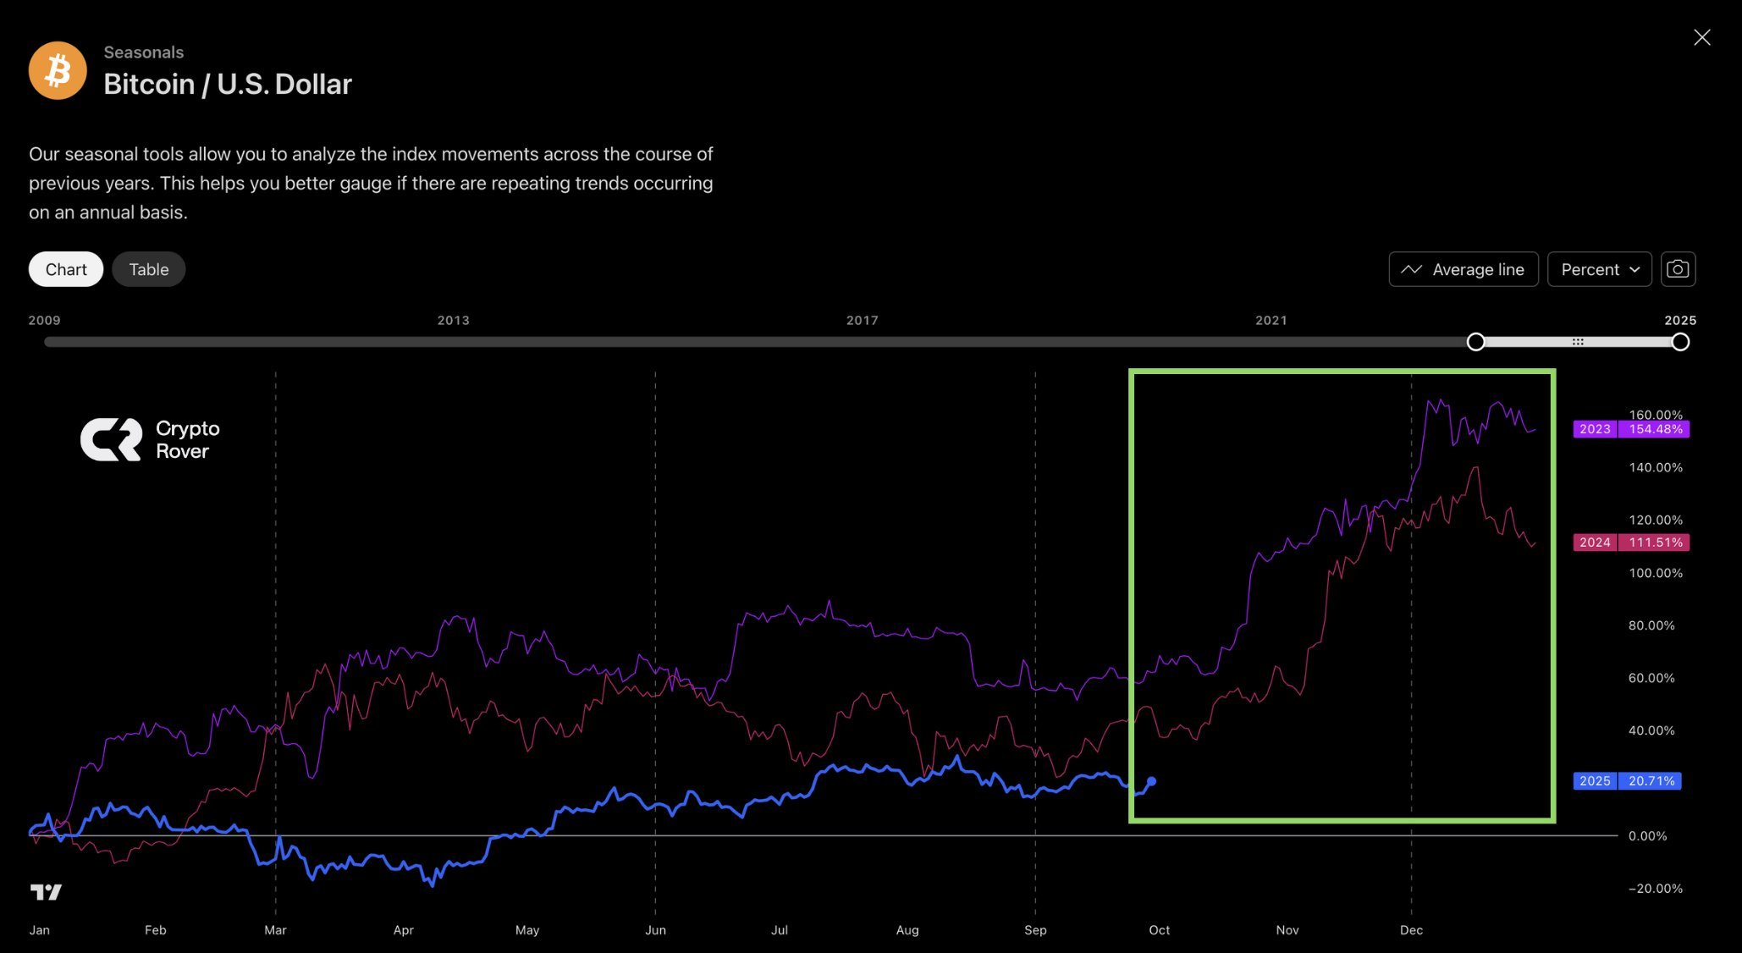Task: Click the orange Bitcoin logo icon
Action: coord(58,70)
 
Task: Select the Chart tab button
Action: coord(66,269)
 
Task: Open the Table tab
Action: coord(149,269)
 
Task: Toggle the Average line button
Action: coord(1464,269)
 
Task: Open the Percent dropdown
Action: coord(1599,269)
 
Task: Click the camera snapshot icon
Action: coord(1678,269)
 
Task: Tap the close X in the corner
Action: coord(1701,37)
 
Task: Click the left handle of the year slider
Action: coord(1475,342)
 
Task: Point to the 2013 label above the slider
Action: coord(453,320)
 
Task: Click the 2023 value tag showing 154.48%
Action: coord(1630,429)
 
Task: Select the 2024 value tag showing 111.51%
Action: coord(1630,543)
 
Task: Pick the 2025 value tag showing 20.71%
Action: coord(1627,781)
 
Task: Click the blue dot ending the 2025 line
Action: coord(1151,781)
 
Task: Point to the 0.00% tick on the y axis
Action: coord(1647,836)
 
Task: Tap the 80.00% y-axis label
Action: coord(1651,625)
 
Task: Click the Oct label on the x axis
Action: coord(1159,930)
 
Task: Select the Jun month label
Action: coord(655,930)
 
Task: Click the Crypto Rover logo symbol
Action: coord(111,439)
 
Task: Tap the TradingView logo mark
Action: coord(46,892)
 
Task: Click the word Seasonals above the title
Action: coord(143,52)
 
